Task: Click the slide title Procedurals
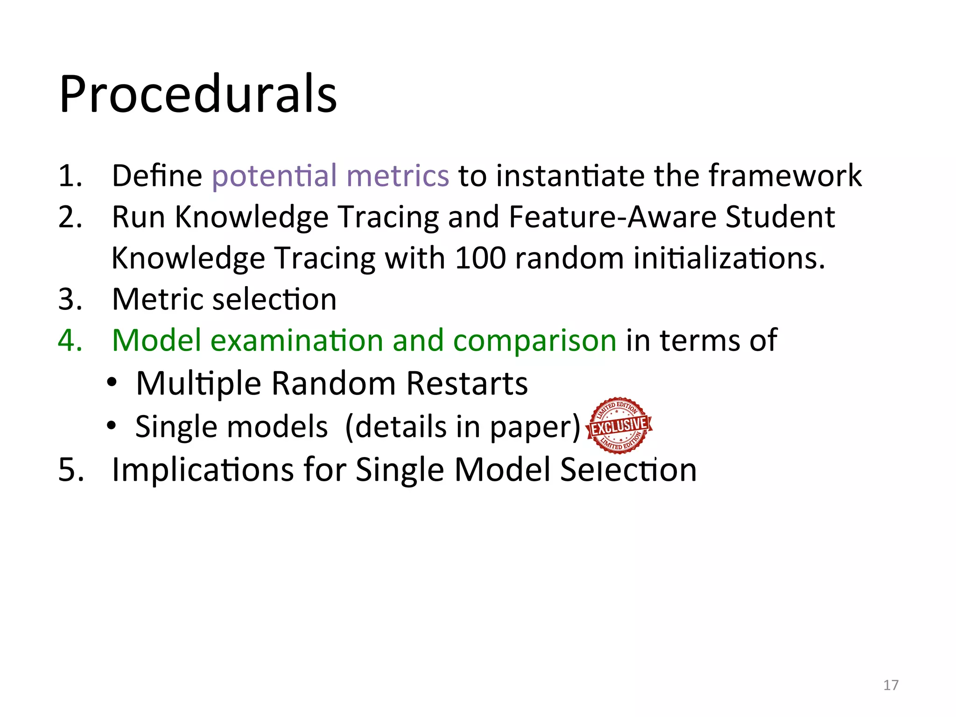coord(198,95)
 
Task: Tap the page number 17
coord(891,685)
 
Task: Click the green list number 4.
coord(70,340)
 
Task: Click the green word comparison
coord(535,341)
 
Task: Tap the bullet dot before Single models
coord(111,425)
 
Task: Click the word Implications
coord(203,470)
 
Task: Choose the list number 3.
coord(70,299)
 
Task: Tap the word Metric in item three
coord(157,299)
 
